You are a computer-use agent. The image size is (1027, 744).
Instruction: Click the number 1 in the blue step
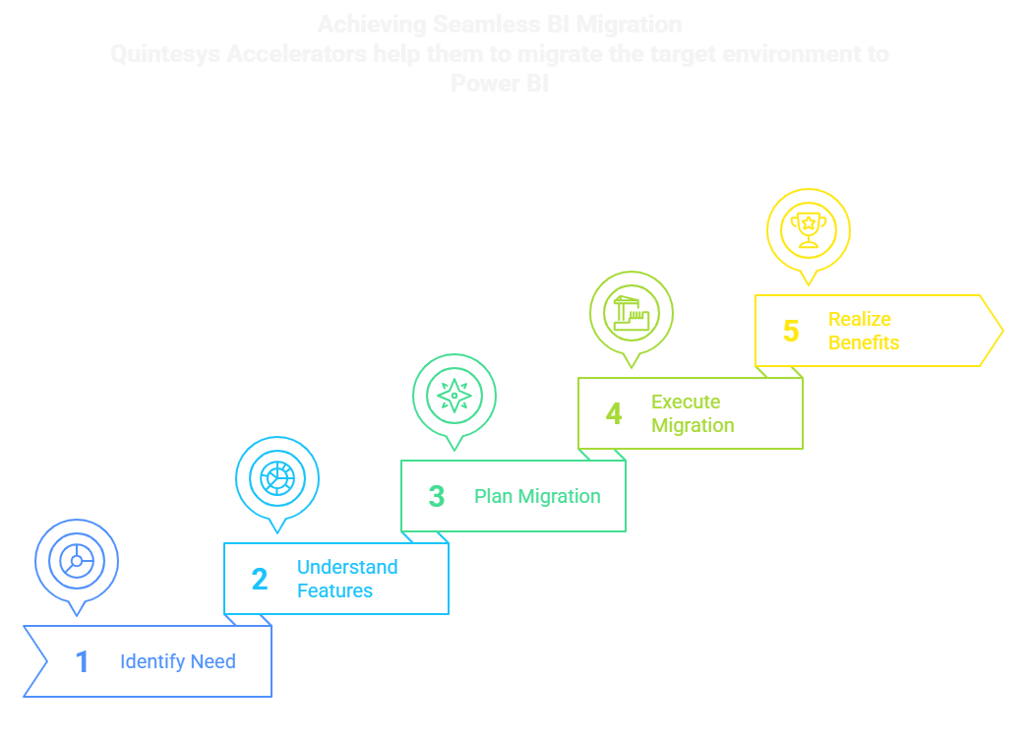(83, 661)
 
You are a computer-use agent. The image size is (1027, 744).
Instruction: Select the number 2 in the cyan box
(259, 579)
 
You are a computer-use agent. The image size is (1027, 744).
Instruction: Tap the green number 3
(437, 496)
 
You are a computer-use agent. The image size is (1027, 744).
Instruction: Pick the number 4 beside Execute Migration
(614, 413)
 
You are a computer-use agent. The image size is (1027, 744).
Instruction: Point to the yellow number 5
(791, 331)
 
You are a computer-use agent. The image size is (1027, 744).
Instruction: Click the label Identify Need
(177, 661)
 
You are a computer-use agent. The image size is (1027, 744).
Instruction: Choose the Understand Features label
(347, 579)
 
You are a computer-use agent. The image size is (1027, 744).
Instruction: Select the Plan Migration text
(537, 496)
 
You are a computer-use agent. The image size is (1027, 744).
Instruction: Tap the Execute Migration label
(693, 413)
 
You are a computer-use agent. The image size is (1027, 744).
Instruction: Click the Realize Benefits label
(863, 331)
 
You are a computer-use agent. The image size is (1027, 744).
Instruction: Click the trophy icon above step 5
(809, 229)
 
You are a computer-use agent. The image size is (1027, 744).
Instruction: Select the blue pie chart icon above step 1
(77, 561)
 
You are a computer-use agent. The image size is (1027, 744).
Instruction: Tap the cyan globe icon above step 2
(277, 478)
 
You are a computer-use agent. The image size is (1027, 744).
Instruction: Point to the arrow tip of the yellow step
(1000, 331)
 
